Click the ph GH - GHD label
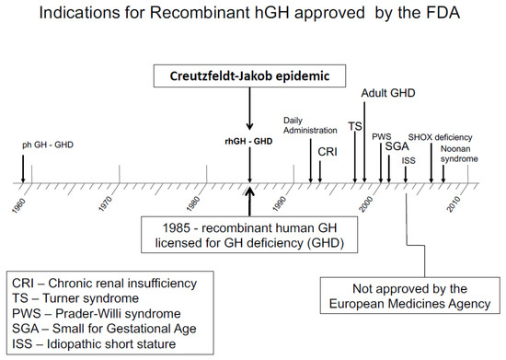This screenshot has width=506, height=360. [x=44, y=145]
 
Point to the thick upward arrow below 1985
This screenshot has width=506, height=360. [x=249, y=197]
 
